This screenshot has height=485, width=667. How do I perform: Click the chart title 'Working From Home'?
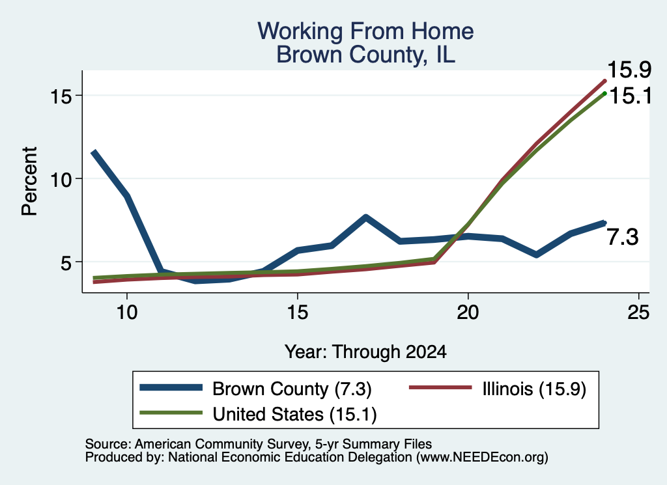[x=365, y=31]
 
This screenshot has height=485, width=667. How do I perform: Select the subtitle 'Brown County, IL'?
[x=365, y=55]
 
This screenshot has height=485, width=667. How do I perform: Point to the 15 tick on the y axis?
[x=61, y=96]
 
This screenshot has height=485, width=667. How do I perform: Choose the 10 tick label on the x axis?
[x=127, y=312]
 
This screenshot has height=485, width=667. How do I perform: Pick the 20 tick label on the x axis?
[x=468, y=312]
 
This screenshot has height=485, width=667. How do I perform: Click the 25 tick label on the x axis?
[x=638, y=312]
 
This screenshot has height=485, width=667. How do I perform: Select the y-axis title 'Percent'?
[x=30, y=181]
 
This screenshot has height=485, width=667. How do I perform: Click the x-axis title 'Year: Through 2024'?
[x=365, y=352]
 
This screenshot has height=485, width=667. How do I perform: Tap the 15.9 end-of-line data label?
[x=629, y=70]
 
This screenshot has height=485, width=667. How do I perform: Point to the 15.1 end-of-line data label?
[x=631, y=96]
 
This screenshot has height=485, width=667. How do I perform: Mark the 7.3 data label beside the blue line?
[x=622, y=237]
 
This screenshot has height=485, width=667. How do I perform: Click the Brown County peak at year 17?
[x=365, y=217]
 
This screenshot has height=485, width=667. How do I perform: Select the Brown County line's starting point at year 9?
[x=93, y=152]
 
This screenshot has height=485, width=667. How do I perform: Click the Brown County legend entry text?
[x=292, y=389]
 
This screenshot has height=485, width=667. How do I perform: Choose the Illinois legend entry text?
[x=534, y=389]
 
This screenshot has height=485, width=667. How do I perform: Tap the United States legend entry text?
[x=294, y=414]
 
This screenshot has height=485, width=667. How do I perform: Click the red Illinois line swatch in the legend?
[x=440, y=387]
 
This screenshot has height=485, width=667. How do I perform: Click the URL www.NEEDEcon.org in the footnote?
[x=482, y=458]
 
